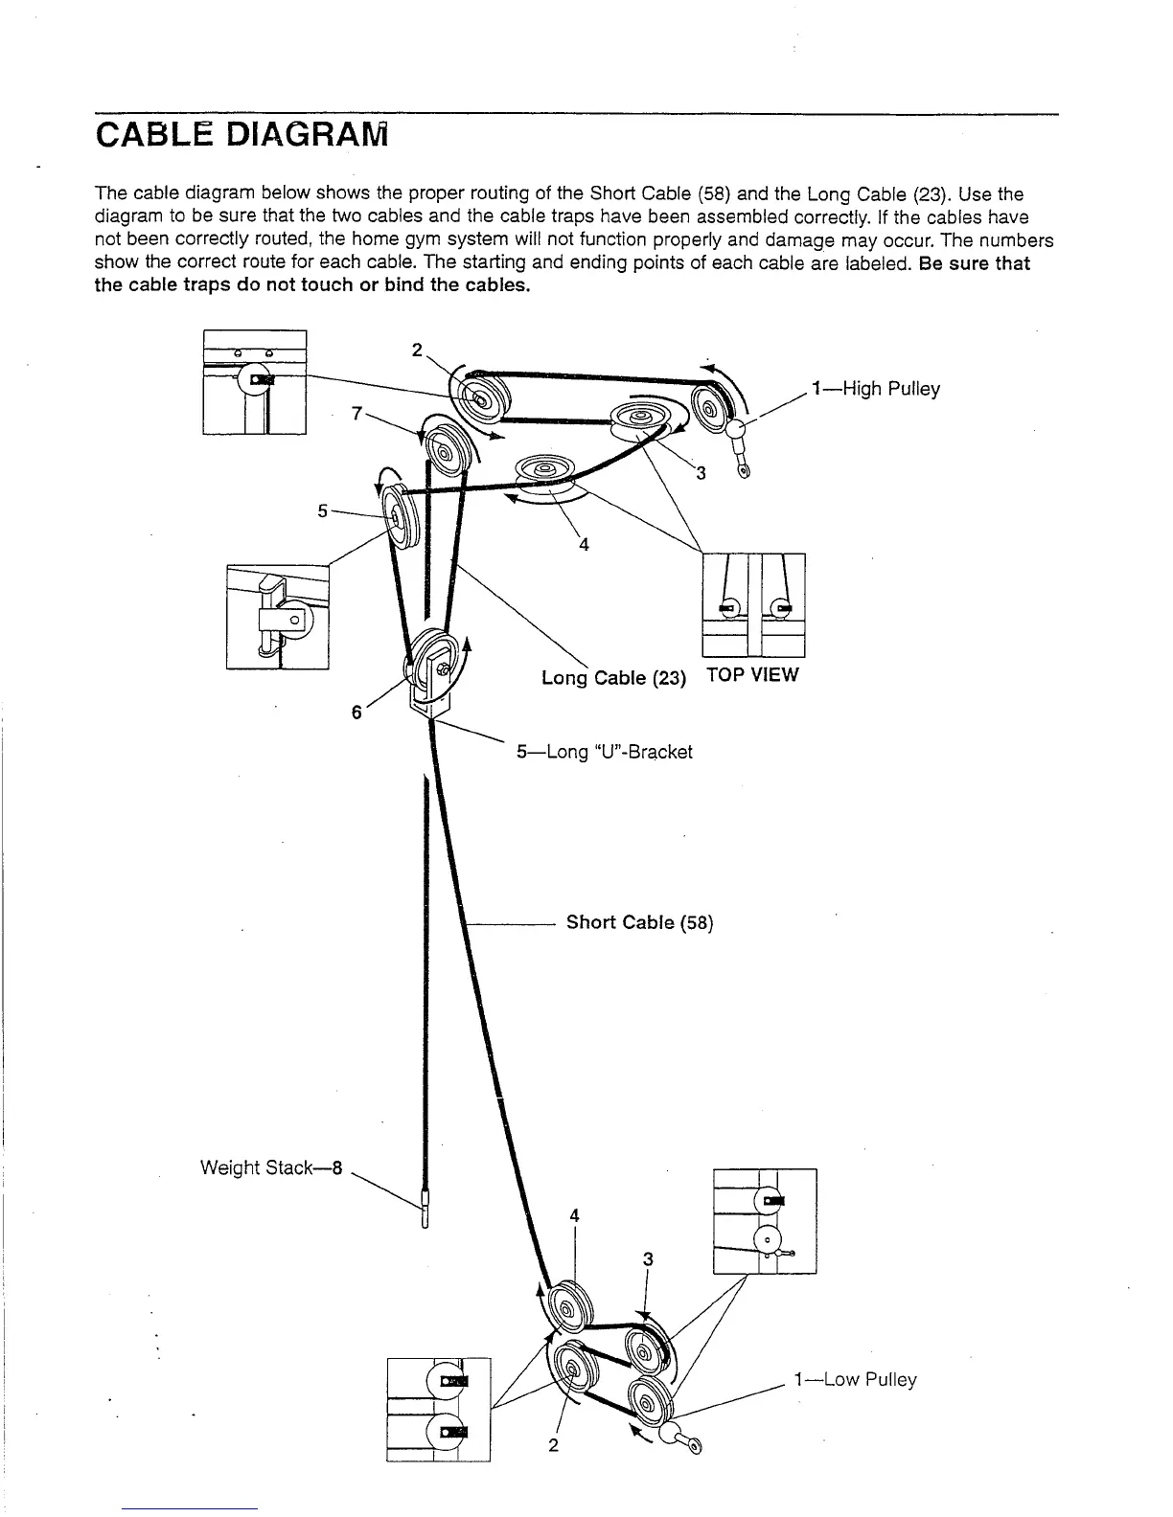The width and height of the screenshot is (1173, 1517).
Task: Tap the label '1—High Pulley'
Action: pos(875,389)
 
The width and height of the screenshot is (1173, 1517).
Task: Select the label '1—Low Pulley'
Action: pos(855,1379)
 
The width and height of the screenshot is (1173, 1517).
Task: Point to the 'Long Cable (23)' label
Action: pos(613,678)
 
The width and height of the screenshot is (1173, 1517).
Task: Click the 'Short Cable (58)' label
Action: pos(639,922)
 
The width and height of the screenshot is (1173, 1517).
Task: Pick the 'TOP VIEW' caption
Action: pos(751,674)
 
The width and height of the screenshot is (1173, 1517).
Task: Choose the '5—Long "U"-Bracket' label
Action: pos(604,752)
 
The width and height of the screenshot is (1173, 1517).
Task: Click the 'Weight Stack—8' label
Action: pos(271,1167)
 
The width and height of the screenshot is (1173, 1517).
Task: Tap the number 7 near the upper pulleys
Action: pos(356,413)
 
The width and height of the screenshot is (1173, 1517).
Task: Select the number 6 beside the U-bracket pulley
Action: pos(356,713)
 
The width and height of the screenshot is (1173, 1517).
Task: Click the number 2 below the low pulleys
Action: pos(553,1444)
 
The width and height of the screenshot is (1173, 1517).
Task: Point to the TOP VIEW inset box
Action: pos(753,605)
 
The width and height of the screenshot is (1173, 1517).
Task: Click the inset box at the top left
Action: pos(254,382)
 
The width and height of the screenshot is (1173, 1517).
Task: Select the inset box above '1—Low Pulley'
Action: pos(765,1221)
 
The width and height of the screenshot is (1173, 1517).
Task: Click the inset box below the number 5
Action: pos(278,617)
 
